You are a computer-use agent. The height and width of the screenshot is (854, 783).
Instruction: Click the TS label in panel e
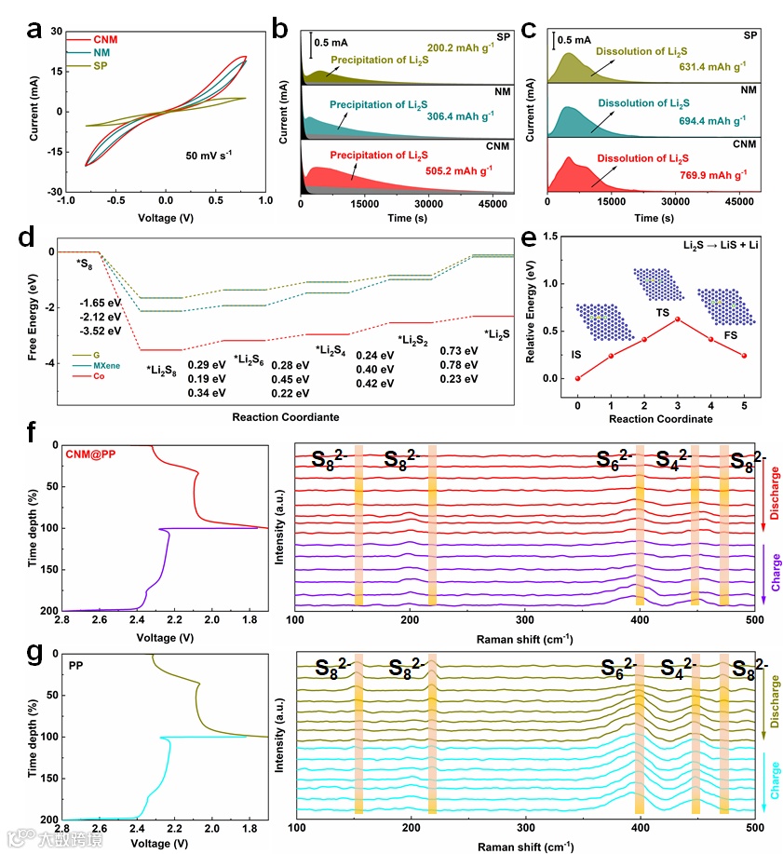[x=664, y=313]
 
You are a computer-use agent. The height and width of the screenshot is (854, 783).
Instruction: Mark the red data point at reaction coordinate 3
[x=678, y=319]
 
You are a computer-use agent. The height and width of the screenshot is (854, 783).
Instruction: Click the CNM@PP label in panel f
[x=89, y=454]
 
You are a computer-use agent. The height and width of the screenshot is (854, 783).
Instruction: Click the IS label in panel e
[x=576, y=355]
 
